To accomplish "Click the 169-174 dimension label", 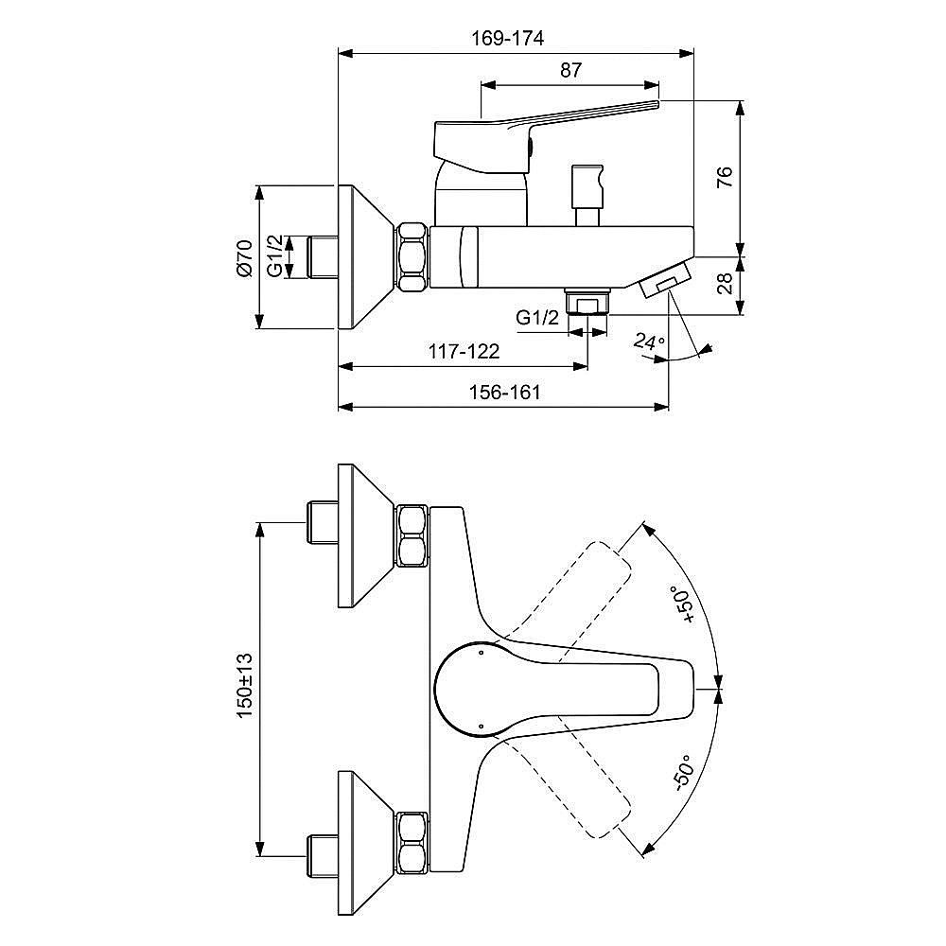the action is coord(507,38).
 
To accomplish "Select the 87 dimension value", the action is coord(570,70).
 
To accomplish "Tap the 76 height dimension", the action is coord(725,176).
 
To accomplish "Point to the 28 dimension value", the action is coord(725,283).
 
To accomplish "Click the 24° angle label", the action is coord(649,342).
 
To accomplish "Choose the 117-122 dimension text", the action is coord(464,351).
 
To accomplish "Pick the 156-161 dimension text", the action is coord(505,393).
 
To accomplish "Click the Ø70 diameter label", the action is coord(244,257).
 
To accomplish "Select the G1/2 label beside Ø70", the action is coord(275,256).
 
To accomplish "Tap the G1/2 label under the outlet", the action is coord(537,317).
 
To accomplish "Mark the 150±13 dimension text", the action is coord(244,685).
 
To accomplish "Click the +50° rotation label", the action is coord(685,604).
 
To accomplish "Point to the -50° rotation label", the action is coord(685,772).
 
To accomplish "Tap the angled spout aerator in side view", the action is coord(664,279).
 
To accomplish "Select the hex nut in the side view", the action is coord(412,257).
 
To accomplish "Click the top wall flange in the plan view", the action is coord(365,535).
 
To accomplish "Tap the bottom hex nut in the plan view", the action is coord(412,843).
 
